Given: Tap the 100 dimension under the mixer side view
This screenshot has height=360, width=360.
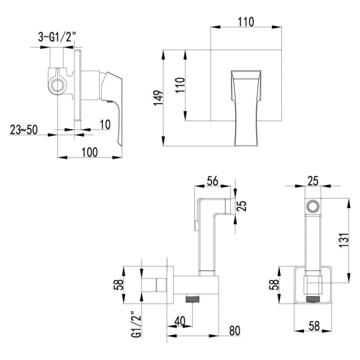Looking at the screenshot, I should (x=90, y=152).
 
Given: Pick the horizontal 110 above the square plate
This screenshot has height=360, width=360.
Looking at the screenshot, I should (x=245, y=22).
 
